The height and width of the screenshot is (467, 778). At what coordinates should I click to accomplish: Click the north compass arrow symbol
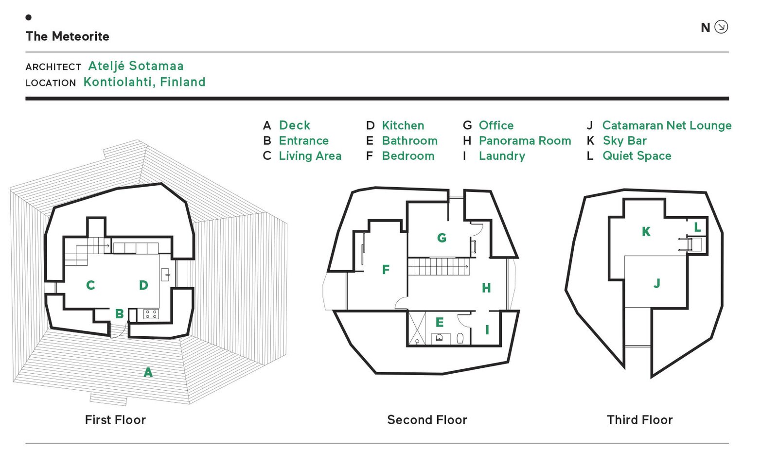click(721, 27)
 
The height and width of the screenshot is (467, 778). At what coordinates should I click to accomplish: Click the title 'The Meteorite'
click(67, 36)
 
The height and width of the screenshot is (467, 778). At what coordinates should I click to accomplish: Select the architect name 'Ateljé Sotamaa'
click(136, 66)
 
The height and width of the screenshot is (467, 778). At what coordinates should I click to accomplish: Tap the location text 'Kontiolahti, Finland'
click(144, 82)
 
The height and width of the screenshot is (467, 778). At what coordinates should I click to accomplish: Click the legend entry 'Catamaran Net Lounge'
click(667, 125)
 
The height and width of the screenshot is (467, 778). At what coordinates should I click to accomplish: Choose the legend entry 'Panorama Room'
click(525, 141)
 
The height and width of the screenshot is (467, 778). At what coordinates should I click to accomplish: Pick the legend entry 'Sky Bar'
click(624, 141)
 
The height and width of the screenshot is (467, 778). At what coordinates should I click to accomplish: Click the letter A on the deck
click(148, 373)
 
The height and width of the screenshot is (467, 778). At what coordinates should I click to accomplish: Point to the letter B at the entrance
click(119, 314)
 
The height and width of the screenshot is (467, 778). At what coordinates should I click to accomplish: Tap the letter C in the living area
click(90, 285)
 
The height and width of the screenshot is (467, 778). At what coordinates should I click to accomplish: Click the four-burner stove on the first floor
click(151, 314)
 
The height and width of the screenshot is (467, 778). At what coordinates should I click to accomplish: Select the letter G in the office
click(442, 238)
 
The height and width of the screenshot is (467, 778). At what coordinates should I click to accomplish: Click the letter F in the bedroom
click(386, 270)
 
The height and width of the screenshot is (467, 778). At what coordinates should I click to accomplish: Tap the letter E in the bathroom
click(440, 322)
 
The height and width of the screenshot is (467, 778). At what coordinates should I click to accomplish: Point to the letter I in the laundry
click(487, 330)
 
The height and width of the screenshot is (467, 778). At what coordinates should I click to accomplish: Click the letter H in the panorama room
click(486, 288)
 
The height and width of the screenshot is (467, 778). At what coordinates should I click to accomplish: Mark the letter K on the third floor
click(646, 232)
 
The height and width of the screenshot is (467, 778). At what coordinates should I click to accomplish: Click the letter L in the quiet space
click(697, 227)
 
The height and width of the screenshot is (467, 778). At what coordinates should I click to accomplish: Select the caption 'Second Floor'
click(427, 420)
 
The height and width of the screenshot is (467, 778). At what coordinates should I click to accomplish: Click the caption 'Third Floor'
click(639, 420)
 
